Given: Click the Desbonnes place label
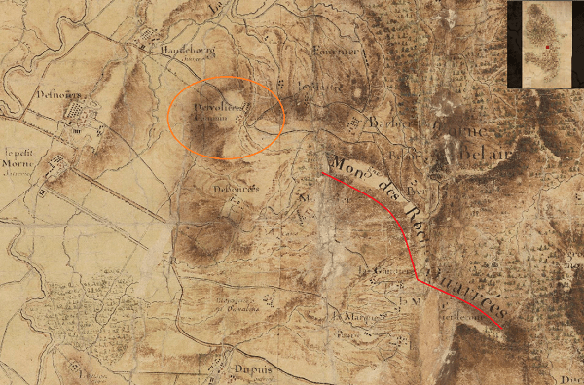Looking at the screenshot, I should [231, 188].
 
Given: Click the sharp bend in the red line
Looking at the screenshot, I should [418, 280].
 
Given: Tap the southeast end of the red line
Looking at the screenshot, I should [504, 325].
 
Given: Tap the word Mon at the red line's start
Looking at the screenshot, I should [343, 161].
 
